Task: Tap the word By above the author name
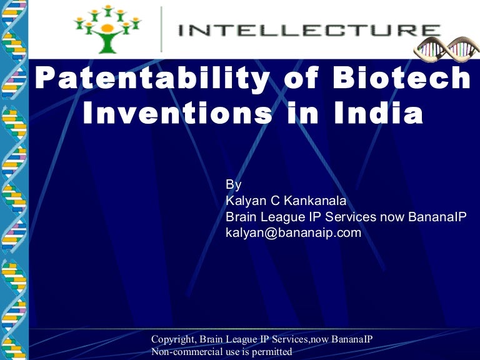coord(232,184)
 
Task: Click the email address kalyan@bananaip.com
coord(293,232)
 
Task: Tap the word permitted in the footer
coord(273,352)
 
